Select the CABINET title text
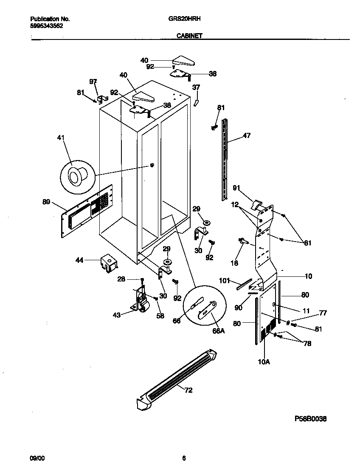(189, 37)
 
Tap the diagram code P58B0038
(310, 419)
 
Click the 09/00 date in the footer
(37, 458)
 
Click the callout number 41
(61, 137)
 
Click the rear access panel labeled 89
(87, 211)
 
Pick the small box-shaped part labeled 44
(108, 262)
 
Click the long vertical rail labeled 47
(225, 159)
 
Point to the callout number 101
(224, 281)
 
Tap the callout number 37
(196, 87)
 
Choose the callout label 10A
(264, 361)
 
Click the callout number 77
(323, 314)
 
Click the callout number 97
(93, 82)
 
